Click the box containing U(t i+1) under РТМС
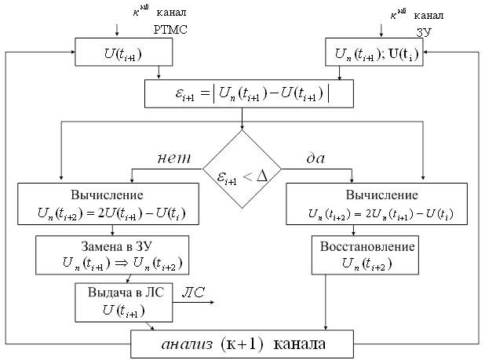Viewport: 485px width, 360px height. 122,53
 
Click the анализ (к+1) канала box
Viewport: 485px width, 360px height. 242,344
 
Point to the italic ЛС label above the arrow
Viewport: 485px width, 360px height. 193,293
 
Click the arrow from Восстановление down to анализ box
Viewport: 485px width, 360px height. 325,302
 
